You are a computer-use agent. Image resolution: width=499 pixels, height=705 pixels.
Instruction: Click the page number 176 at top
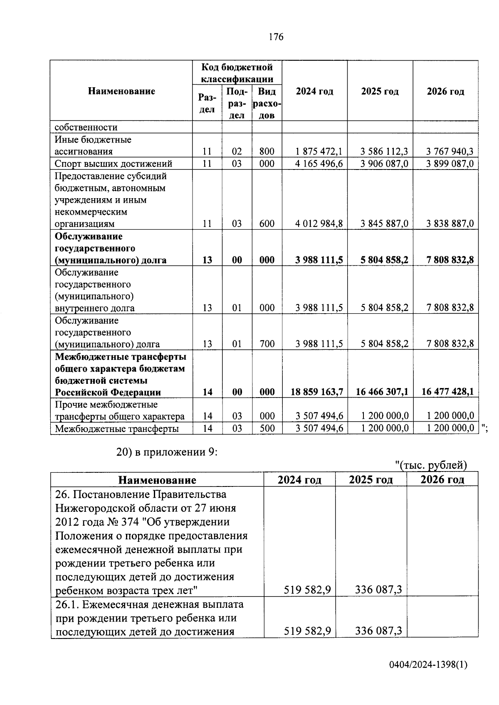276,37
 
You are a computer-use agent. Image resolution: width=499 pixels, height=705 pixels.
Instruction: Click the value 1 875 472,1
319,152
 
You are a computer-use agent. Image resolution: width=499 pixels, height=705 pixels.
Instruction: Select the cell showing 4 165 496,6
319,164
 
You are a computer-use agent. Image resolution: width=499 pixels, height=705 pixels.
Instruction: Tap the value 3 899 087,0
450,164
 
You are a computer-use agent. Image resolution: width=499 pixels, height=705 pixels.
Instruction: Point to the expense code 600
267,224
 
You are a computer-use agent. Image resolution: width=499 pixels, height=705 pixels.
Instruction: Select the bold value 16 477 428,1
447,392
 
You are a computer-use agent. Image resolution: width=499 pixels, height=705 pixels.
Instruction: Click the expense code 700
267,344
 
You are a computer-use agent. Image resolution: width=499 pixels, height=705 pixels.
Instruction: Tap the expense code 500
267,428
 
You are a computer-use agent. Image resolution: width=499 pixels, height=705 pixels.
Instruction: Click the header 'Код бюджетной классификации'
237,73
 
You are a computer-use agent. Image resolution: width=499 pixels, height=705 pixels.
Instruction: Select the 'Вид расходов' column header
267,103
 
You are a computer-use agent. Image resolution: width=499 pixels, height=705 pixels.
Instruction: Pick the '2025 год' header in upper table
380,91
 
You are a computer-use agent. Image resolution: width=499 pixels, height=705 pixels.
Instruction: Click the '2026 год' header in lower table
442,480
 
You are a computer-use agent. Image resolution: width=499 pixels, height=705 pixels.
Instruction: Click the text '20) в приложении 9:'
167,452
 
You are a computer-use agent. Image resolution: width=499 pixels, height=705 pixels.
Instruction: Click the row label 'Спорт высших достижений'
114,164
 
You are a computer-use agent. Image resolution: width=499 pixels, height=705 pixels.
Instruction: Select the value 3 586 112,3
384,152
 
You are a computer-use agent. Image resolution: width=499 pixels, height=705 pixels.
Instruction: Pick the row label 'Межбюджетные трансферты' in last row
117,428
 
